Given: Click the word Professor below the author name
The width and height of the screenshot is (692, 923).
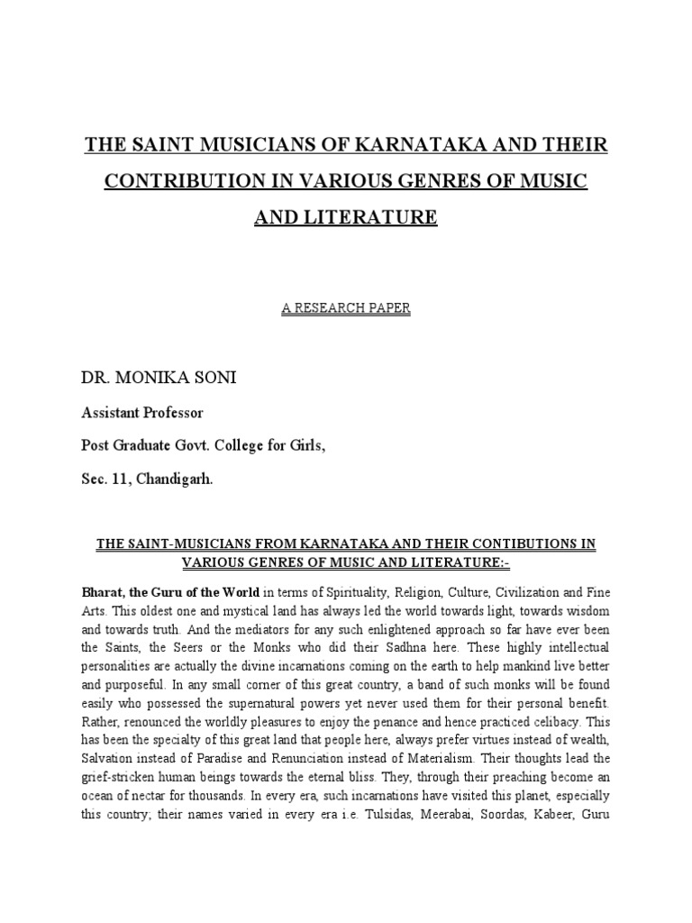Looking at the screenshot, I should pyautogui.click(x=175, y=413).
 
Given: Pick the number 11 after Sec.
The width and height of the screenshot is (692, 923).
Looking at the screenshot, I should pyautogui.click(x=120, y=480).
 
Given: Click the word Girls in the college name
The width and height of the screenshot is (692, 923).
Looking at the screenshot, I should pyautogui.click(x=302, y=446).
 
